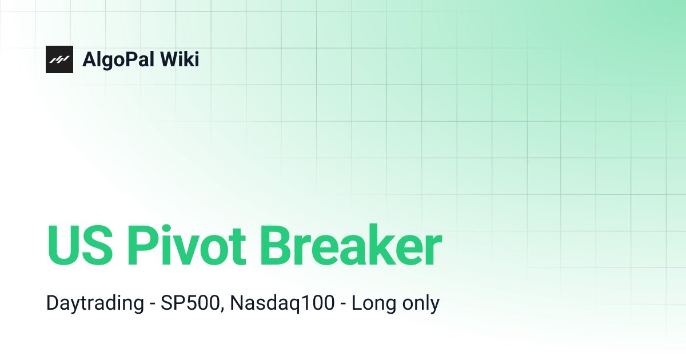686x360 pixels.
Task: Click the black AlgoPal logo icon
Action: click(59, 59)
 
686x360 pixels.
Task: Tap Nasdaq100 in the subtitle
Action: click(282, 303)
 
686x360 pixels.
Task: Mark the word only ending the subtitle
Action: click(418, 303)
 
